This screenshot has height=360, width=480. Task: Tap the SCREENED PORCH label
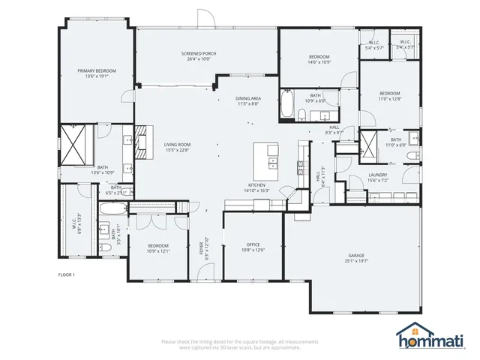coord(198,54)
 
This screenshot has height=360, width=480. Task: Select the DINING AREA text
coord(247,99)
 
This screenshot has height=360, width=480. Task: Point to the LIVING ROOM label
coord(178,144)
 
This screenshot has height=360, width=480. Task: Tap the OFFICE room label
coord(253,244)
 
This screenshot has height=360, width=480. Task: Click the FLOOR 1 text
coord(67,274)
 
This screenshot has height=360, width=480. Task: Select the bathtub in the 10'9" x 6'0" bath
coord(287,106)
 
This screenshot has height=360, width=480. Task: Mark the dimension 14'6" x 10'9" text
coord(319,62)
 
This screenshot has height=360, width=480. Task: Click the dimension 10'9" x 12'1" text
coord(157,250)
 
